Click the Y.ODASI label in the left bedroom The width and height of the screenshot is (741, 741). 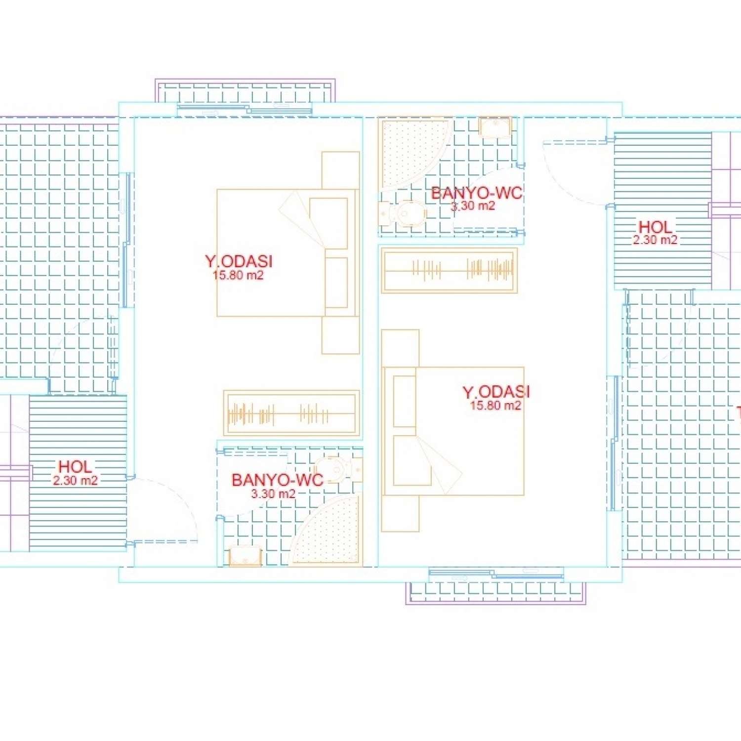tap(239, 261)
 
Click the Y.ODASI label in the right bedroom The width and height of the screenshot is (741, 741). tap(496, 392)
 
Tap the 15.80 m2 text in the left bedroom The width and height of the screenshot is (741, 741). tap(238, 275)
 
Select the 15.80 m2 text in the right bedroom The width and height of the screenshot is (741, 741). tap(495, 406)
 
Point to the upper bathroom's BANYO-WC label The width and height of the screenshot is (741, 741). tap(476, 193)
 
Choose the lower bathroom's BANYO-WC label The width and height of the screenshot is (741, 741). tap(277, 480)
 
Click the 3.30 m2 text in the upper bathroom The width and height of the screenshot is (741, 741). tap(473, 206)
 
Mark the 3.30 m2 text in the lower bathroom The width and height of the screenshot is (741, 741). tap(273, 494)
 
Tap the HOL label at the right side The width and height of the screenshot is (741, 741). tap(655, 227)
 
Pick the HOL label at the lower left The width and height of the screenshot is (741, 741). tap(75, 466)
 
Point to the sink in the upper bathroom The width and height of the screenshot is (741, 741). tap(494, 127)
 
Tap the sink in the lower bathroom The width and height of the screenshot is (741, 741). tap(245, 555)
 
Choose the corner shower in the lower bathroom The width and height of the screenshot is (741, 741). tap(330, 534)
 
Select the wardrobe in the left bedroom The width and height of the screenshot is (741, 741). tap(291, 413)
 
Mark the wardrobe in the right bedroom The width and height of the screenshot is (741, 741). tap(449, 270)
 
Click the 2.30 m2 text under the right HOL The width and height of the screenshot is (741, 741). tap(655, 240)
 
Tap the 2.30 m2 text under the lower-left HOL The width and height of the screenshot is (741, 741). tap(75, 480)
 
